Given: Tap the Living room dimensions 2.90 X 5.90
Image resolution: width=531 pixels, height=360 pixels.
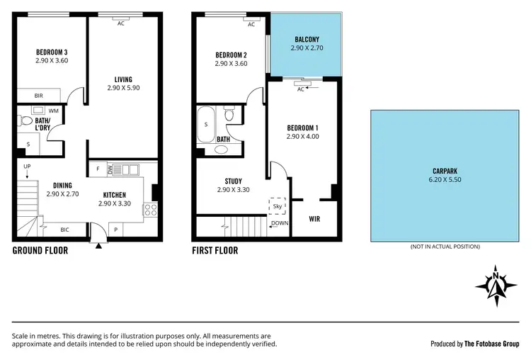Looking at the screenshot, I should tap(124, 88).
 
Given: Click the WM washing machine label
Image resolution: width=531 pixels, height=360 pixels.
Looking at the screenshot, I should tap(54, 111).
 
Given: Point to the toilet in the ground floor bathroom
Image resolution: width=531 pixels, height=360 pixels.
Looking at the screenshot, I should tap(28, 111).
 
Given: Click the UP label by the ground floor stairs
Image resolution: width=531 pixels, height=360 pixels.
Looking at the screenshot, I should tap(27, 167).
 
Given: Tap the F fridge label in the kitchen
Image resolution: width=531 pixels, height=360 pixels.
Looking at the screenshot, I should tap(98, 169).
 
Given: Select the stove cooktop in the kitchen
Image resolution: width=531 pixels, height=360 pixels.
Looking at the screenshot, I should tap(149, 208).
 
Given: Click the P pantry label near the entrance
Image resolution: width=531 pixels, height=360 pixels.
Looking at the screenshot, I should tap(115, 230).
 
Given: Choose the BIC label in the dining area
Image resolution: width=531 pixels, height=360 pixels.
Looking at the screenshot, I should tap(64, 230).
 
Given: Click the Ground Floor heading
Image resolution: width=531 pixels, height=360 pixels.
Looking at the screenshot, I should tap(40, 250).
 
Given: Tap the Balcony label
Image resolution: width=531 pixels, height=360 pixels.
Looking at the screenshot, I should tap(307, 40).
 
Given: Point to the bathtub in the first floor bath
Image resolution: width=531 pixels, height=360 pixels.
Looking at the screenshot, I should tap(207, 126).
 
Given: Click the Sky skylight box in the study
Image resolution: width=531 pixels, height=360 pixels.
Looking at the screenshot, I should tap(277, 206).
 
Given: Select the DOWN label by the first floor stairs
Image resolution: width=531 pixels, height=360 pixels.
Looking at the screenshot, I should tap(279, 222).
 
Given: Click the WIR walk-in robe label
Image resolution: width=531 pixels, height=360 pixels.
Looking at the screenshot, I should tap(315, 219).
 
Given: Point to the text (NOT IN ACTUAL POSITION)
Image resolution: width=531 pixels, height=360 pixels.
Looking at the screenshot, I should tap(445, 247).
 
